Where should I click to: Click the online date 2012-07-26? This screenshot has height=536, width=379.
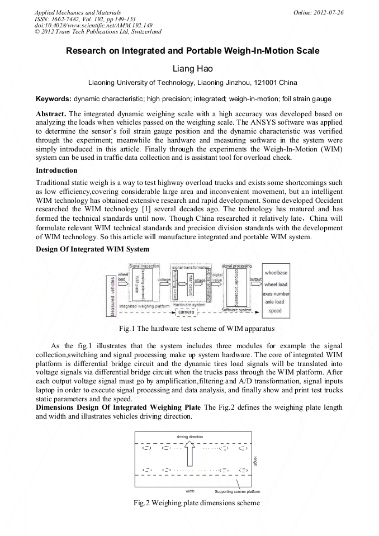pos(330,12)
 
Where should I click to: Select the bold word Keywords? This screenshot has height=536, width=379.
pos(53,99)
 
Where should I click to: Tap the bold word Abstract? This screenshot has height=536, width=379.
pos(51,113)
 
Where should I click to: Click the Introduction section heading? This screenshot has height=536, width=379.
pos(56,170)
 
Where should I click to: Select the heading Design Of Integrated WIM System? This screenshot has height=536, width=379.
pos(92,248)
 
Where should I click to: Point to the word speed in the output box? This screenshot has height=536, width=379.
pos(275,311)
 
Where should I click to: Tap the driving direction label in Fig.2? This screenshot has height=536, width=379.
pos(190,436)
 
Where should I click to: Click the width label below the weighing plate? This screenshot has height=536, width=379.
pos(190,491)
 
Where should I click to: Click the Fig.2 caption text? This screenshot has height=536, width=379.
pos(190,503)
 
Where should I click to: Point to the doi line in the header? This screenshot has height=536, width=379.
pos(93,25)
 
